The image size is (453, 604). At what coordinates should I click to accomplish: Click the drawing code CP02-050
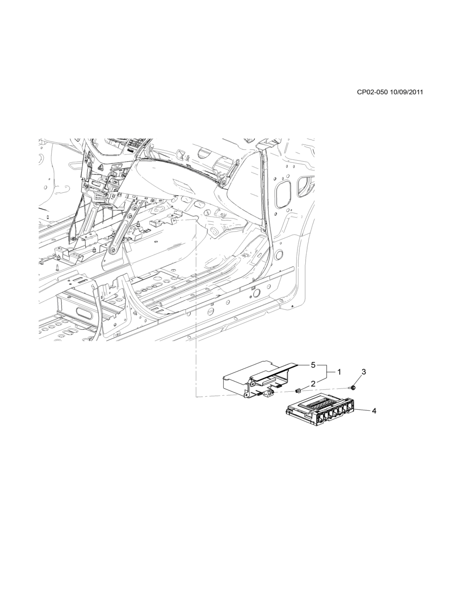click(372, 92)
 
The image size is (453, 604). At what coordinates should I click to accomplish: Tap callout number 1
click(339, 372)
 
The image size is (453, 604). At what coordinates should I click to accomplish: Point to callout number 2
click(313, 384)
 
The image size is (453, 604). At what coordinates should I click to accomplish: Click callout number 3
click(363, 372)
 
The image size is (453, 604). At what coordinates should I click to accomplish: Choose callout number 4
click(374, 411)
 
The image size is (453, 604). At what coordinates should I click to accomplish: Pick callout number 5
click(313, 364)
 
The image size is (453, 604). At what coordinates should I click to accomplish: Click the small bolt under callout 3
click(352, 387)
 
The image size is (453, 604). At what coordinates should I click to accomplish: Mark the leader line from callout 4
click(363, 410)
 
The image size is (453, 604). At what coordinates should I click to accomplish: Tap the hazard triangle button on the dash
click(101, 167)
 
